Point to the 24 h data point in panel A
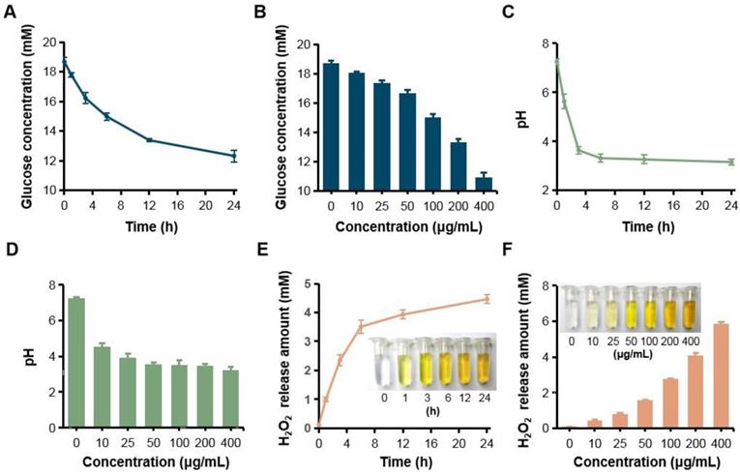tap(233, 155)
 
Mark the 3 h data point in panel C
tap(578, 150)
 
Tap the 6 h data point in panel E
tap(361, 327)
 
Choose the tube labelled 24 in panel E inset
tap(485, 364)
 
